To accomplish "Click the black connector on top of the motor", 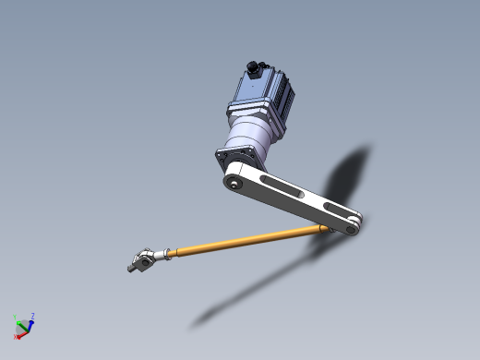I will coord(251,68).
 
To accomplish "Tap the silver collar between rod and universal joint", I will coord(164,254).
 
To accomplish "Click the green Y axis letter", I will coord(16,317).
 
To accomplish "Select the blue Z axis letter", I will coord(33,317).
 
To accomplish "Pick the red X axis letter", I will coord(16,337).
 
